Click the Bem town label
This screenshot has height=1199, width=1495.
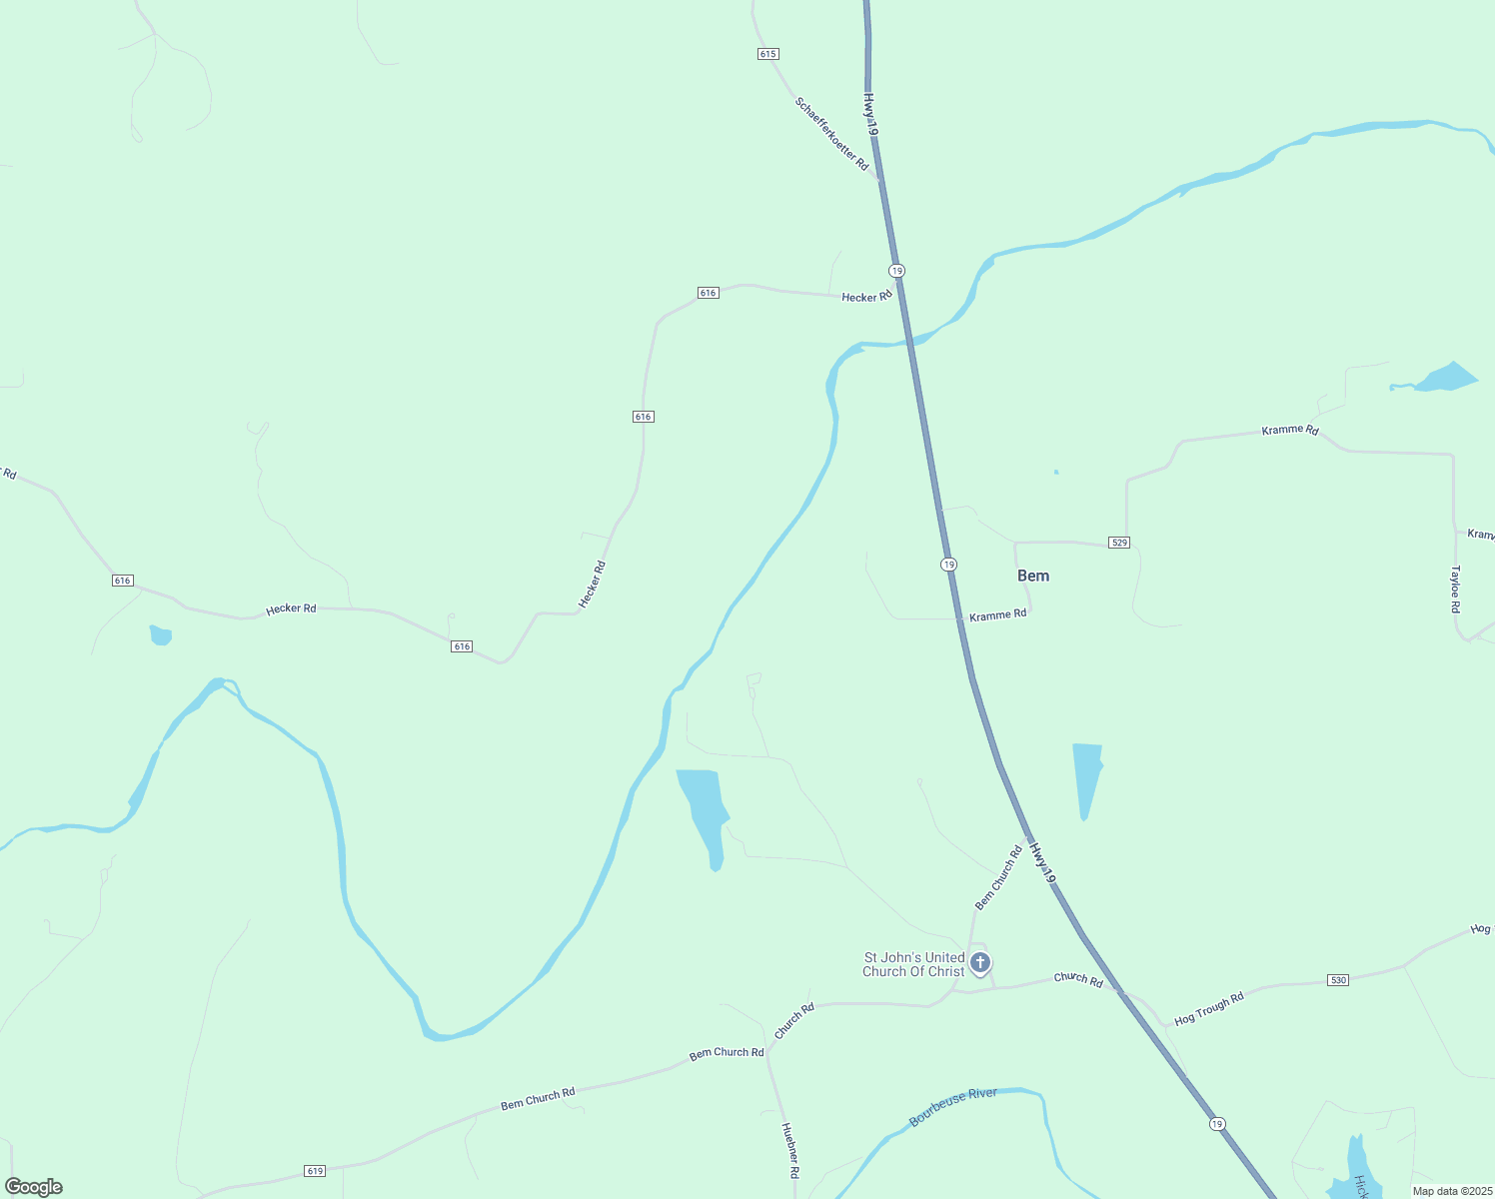click(1033, 576)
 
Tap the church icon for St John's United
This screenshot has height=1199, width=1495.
click(980, 963)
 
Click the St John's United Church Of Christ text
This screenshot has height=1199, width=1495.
click(913, 964)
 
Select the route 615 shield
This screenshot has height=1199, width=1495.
click(767, 54)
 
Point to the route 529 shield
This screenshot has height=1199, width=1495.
click(1119, 543)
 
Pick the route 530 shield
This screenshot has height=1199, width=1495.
click(1338, 980)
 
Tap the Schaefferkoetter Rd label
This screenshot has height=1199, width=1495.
click(831, 134)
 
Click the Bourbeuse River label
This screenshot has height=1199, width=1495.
click(953, 1107)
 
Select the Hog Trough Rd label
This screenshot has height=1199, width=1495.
click(1209, 1010)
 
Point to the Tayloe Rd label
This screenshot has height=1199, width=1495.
click(1456, 590)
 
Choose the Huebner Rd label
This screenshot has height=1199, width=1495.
click(789, 1149)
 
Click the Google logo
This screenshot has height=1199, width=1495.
click(34, 1187)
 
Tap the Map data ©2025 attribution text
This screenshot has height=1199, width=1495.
click(1450, 1191)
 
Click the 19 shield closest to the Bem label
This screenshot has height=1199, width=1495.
click(948, 565)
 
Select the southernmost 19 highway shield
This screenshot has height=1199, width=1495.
click(1216, 1124)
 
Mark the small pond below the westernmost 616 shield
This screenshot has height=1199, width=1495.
click(161, 635)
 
